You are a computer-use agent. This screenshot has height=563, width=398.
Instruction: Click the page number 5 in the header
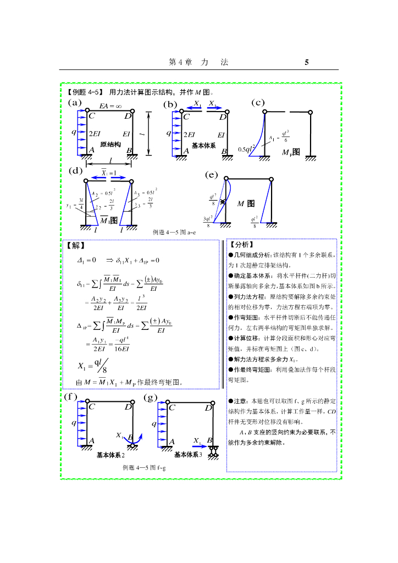tap(307, 63)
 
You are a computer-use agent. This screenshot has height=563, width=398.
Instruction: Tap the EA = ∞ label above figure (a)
tap(110, 106)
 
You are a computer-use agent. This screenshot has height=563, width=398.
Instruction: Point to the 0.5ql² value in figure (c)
tap(247, 149)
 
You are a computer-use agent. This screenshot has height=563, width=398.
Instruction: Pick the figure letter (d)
tap(75, 170)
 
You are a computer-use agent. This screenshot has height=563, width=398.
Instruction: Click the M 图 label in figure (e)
tap(246, 203)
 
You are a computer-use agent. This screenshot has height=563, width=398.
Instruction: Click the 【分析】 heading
tap(240, 245)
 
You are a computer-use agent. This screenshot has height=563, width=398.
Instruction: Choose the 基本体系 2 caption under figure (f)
tap(110, 455)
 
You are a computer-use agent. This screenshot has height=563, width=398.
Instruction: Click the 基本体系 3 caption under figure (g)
tap(188, 455)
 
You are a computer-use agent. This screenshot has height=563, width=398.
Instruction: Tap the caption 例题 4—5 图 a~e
tap(174, 233)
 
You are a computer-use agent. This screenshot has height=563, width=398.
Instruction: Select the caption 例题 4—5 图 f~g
tap(144, 467)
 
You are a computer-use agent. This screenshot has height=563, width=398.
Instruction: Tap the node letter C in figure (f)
tap(92, 407)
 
